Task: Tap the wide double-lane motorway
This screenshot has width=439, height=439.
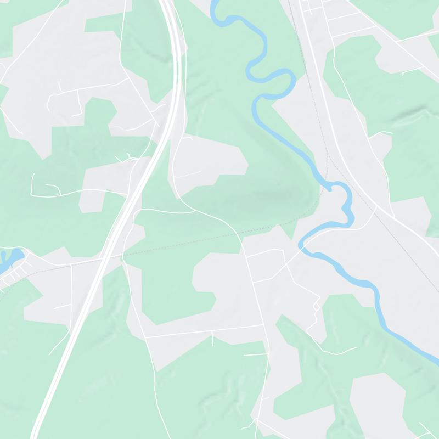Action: (x=82, y=307)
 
